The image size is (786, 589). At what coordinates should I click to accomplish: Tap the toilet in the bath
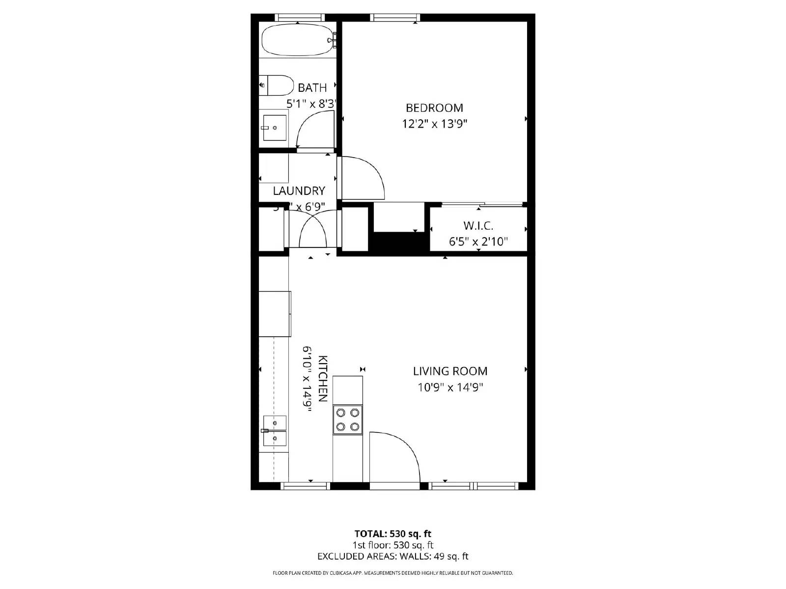[276, 85]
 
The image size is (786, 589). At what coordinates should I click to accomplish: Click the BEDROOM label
[434, 108]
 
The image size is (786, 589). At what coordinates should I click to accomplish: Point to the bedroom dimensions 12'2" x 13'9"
[434, 124]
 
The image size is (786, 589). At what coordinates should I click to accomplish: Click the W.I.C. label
[478, 226]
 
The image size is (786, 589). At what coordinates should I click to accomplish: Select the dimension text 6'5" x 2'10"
[478, 242]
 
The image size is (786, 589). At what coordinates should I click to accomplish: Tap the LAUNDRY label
[299, 191]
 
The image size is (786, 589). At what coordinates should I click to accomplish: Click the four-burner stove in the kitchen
[348, 420]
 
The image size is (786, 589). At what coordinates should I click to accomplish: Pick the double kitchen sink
[275, 430]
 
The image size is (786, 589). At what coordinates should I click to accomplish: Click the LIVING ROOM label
[450, 372]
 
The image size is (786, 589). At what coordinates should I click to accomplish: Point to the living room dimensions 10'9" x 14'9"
[450, 388]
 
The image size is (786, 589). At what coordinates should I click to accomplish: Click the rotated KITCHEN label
[322, 378]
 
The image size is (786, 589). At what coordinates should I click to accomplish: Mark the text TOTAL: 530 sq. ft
[393, 534]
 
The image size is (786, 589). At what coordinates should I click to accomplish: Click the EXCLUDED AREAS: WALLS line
[393, 556]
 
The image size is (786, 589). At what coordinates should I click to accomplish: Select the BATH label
[312, 88]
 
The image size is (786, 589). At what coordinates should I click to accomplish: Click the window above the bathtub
[300, 18]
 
